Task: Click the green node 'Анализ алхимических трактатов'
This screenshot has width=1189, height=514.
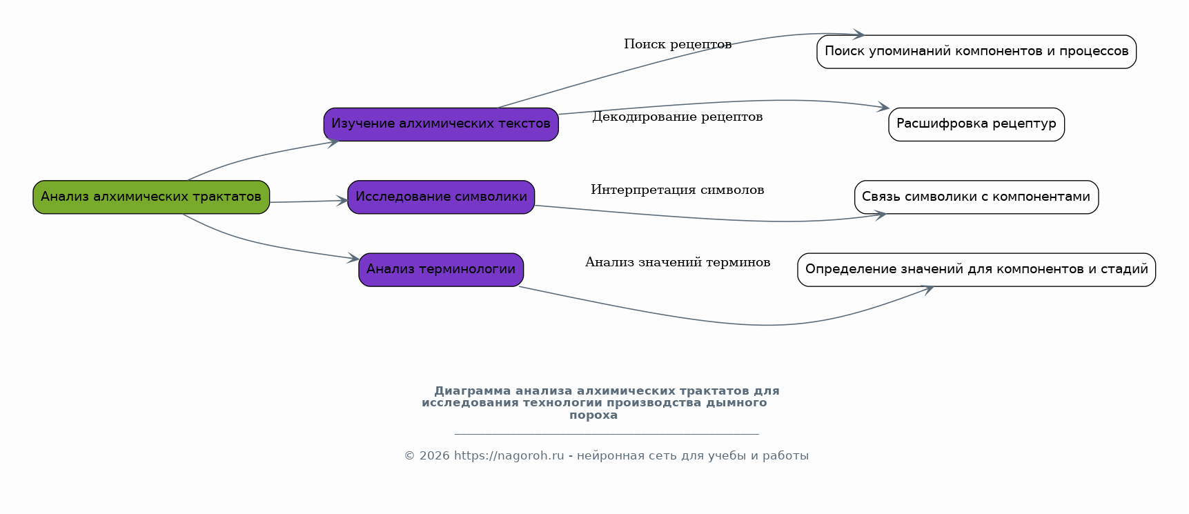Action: pos(151,197)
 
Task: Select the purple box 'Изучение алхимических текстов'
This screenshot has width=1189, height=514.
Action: pos(441,124)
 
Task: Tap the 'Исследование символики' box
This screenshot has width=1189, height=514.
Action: pos(441,197)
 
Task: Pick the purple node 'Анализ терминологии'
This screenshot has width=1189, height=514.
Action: pos(441,270)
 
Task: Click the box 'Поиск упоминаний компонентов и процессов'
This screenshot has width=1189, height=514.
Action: pos(976,52)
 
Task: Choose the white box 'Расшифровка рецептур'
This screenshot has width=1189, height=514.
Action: pos(976,124)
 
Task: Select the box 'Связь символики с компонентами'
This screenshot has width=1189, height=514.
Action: pos(976,197)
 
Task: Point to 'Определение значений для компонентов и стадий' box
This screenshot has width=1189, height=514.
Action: pos(976,270)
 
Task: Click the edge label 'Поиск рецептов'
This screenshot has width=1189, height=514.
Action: pos(678,45)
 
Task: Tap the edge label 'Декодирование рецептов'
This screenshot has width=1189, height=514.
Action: pos(678,117)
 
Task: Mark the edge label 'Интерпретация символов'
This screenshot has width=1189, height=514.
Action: pos(678,190)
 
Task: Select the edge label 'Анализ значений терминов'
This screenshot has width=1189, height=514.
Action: pos(678,262)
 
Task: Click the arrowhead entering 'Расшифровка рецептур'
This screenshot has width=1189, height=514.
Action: pos(883,107)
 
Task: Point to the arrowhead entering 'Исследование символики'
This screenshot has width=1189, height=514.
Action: pos(342,201)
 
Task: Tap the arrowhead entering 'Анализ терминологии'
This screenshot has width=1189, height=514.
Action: pos(353,259)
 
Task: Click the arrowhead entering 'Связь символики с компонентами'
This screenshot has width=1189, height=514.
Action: pos(880,215)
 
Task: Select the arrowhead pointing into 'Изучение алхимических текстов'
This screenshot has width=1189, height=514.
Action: pos(333,142)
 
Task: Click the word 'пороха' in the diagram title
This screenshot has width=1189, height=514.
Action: pos(593,415)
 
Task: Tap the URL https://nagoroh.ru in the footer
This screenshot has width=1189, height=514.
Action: pos(509,456)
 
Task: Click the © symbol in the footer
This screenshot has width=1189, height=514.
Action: pos(409,456)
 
